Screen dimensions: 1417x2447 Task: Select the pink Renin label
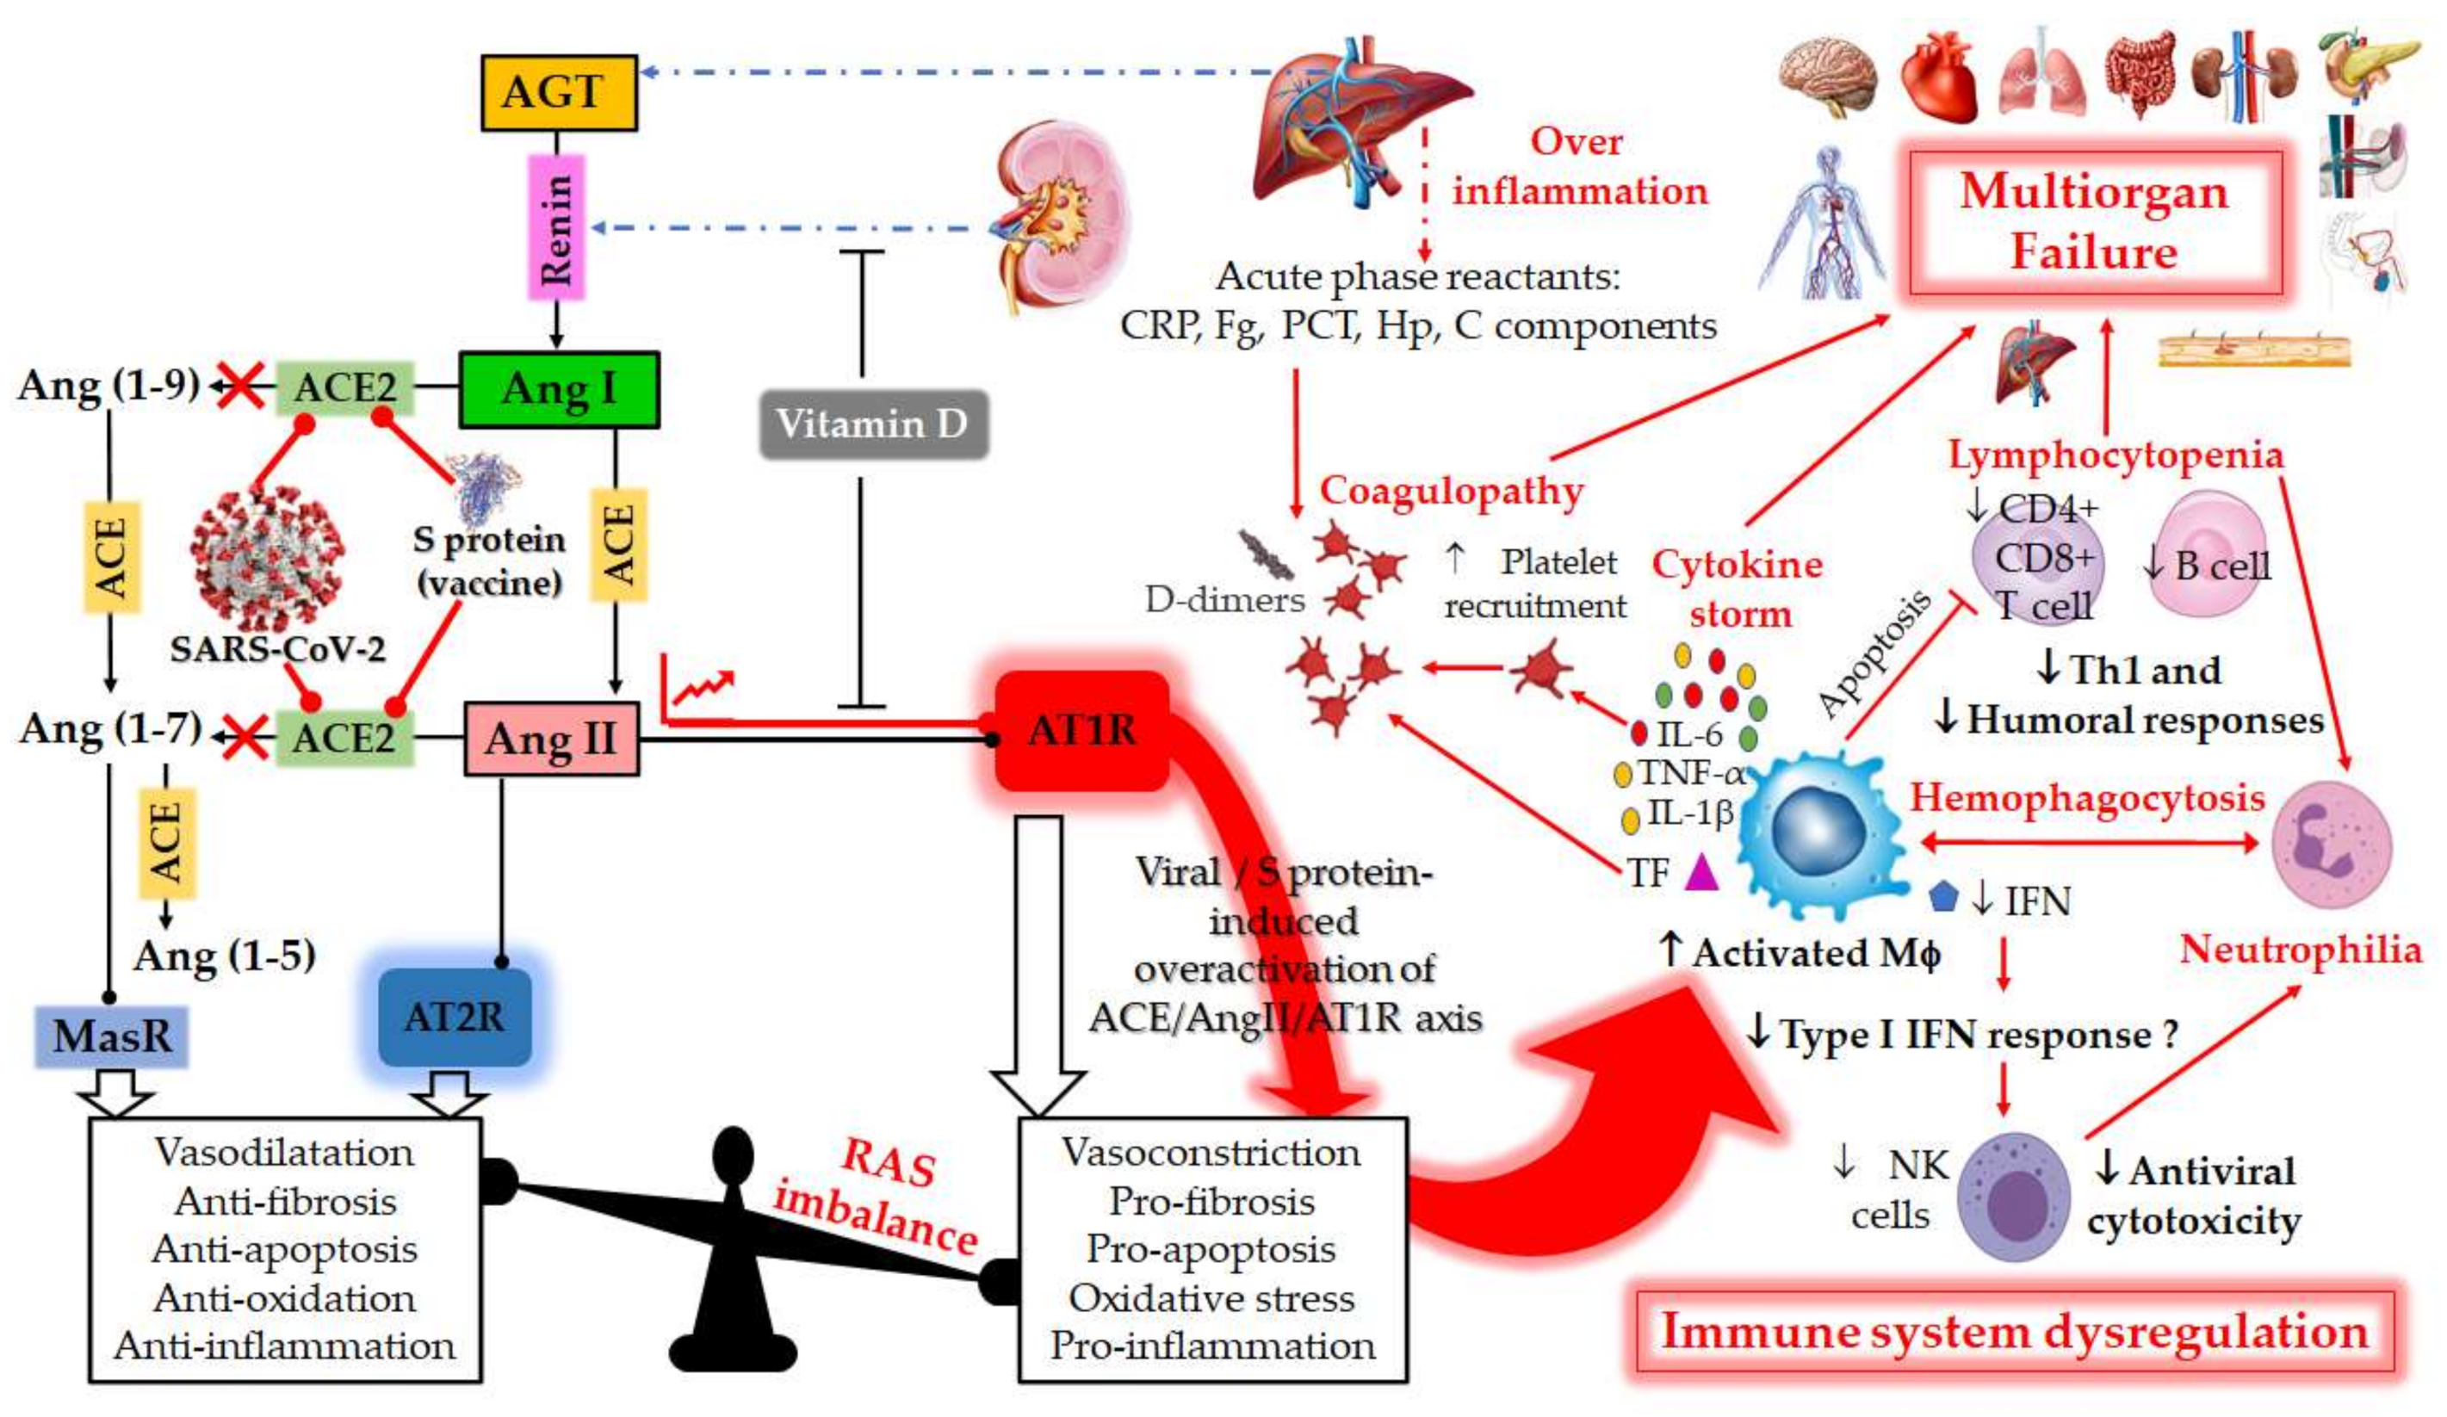(x=556, y=227)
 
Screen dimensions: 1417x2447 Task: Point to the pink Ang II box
(x=552, y=739)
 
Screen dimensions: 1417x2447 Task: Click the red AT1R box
(x=1081, y=730)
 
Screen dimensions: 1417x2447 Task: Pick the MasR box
(x=111, y=1036)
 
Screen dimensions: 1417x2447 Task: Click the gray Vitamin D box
(x=872, y=424)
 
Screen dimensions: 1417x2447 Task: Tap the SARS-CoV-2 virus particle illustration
(x=266, y=558)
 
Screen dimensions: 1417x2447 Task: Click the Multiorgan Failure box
(x=2095, y=222)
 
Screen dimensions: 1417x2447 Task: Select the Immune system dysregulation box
(x=2015, y=1332)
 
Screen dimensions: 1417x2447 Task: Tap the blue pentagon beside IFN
(x=1942, y=896)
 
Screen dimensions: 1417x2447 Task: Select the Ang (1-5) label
(x=226, y=956)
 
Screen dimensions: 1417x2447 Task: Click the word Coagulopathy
(x=1451, y=490)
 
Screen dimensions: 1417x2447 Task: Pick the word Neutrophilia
(x=2301, y=950)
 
